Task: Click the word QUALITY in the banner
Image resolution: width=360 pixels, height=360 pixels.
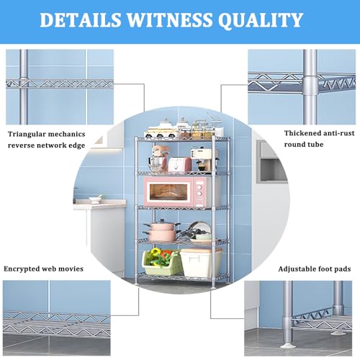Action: pos(261,20)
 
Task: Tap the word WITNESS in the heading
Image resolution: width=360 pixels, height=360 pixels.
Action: pos(170,19)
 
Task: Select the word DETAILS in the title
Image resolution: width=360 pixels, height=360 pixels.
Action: pos(81,19)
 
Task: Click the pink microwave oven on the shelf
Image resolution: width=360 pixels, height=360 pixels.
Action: pos(174,192)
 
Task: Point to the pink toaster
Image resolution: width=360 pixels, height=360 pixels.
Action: pos(179,164)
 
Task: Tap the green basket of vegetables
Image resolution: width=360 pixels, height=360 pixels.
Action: pos(161,262)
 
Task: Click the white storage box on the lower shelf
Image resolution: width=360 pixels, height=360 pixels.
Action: pos(201,263)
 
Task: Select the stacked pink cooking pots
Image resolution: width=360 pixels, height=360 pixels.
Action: pos(161,230)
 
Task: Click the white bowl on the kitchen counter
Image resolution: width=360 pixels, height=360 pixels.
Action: pos(95,199)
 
